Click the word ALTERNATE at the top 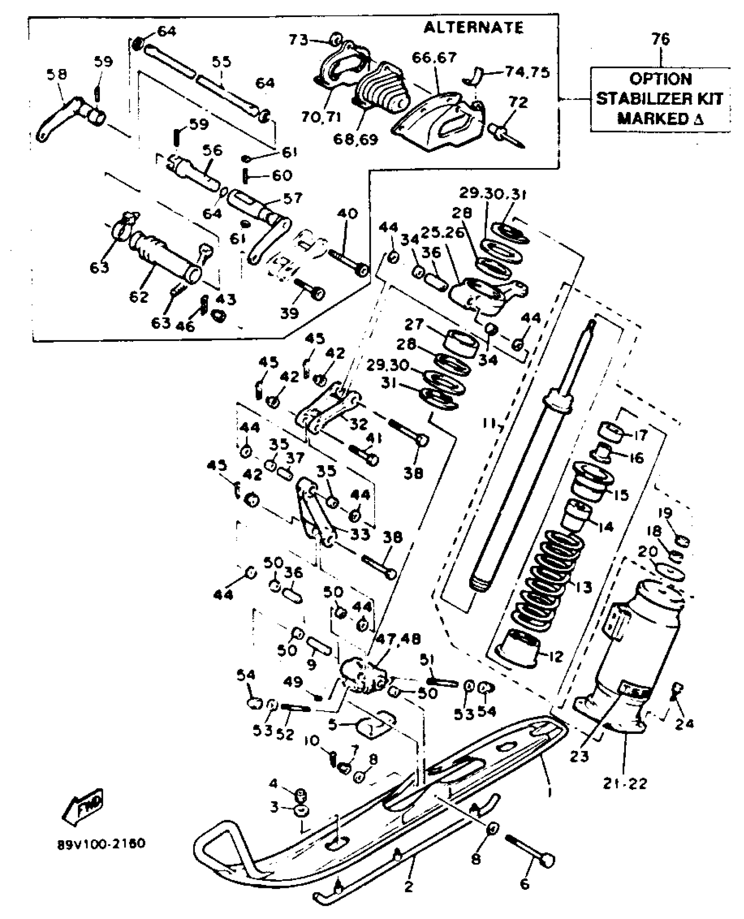[474, 28]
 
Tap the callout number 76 [660, 39]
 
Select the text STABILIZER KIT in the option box [660, 99]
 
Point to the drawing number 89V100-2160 [102, 843]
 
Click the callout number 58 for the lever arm [57, 74]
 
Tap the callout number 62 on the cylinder [139, 296]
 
